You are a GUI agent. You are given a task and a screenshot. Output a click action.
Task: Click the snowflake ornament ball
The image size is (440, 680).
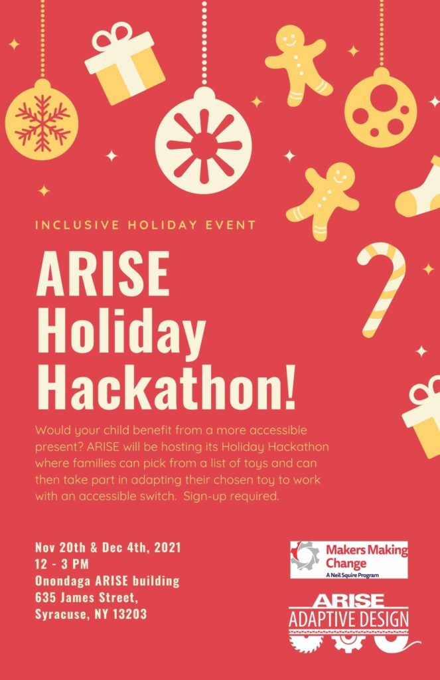[x=42, y=120]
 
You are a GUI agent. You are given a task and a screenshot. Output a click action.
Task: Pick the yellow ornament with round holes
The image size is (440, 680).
[x=381, y=108]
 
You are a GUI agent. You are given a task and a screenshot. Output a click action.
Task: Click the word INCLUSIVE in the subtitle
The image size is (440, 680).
[x=77, y=225]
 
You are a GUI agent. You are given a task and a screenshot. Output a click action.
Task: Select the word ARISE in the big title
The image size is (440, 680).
[x=103, y=274]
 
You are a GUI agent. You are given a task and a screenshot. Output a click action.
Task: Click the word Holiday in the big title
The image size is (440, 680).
[x=121, y=333]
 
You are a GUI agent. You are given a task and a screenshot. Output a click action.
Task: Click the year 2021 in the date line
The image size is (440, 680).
[x=167, y=547]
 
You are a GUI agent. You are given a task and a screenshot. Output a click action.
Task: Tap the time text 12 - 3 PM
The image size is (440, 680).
[x=62, y=564]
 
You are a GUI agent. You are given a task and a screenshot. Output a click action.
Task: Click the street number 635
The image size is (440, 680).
[x=46, y=598]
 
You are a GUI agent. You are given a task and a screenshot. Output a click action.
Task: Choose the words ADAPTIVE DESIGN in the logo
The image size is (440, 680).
[x=348, y=620]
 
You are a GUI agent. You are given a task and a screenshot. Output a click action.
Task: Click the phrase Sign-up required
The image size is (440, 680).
[x=232, y=496]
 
